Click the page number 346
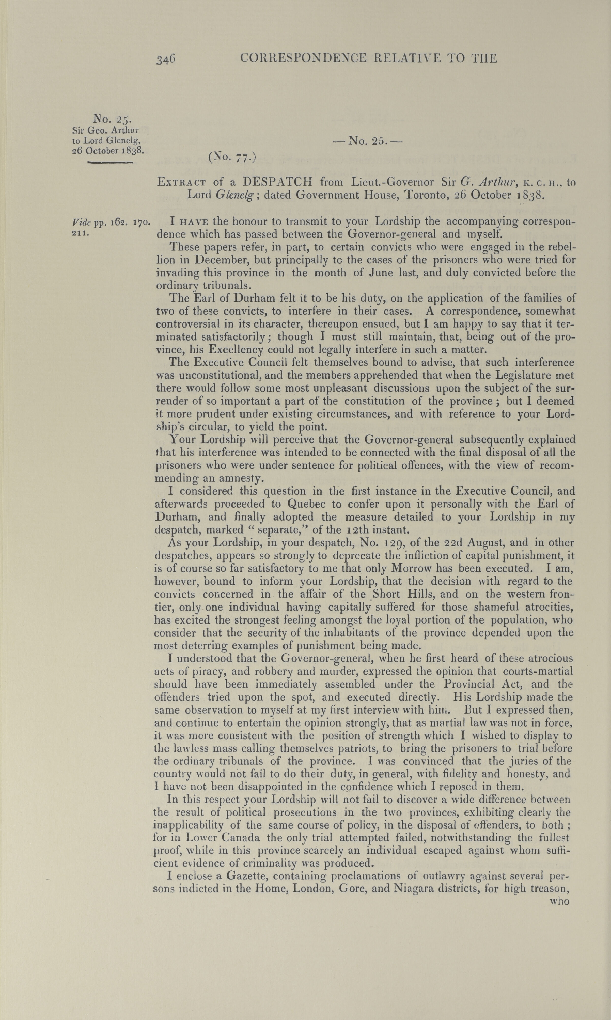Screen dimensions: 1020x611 (x=166, y=59)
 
